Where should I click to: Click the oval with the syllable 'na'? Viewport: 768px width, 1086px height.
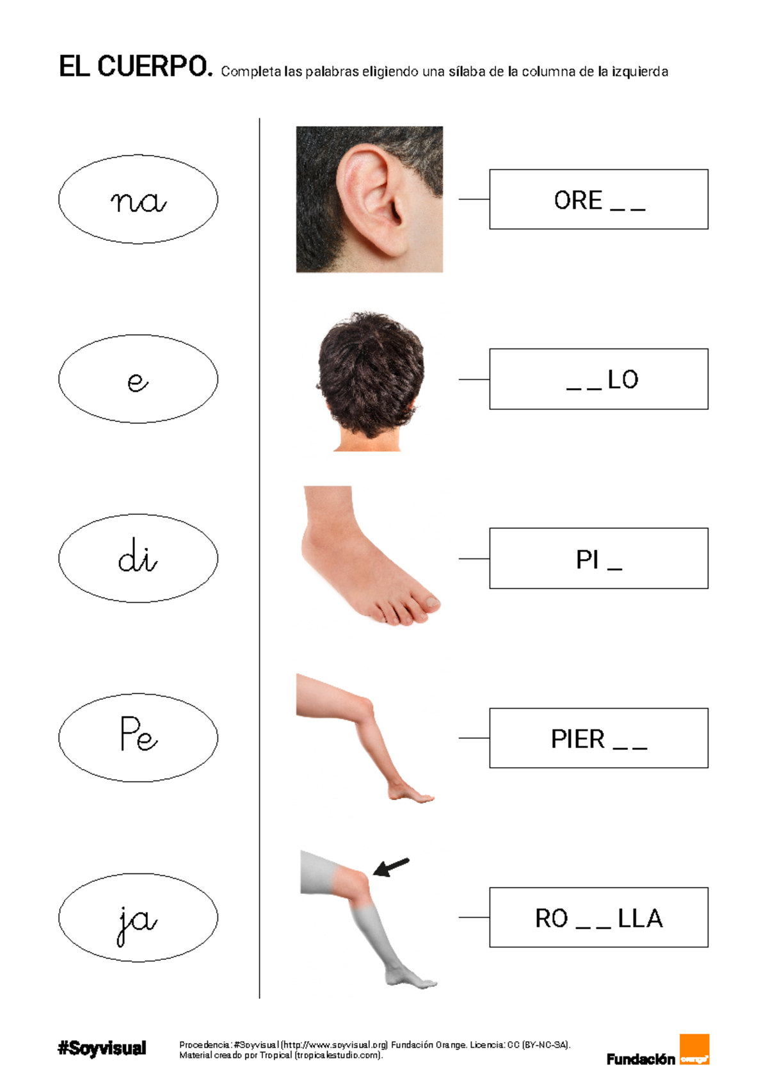[138, 199]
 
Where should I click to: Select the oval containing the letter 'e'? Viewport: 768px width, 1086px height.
[138, 379]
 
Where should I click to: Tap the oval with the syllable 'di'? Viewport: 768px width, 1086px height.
[138, 558]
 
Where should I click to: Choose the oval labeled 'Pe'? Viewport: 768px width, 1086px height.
[138, 738]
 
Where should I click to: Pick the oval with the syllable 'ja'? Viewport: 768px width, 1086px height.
[138, 918]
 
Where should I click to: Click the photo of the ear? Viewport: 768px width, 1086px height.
[369, 199]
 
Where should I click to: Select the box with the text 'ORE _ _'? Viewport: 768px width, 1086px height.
[598, 199]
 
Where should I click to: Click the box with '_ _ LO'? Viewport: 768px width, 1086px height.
[598, 379]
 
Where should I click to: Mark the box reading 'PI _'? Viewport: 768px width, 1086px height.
[598, 558]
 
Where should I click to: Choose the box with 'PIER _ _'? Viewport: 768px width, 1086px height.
[598, 738]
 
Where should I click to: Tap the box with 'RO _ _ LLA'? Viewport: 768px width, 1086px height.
[598, 918]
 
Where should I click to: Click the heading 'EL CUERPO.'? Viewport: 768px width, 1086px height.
[135, 67]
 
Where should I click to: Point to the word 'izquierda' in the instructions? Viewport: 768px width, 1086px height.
[639, 72]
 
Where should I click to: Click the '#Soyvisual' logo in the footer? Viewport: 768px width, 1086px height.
[102, 1048]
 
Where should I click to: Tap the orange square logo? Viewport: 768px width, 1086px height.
[694, 1049]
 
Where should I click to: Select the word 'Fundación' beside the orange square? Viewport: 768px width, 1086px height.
[641, 1059]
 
